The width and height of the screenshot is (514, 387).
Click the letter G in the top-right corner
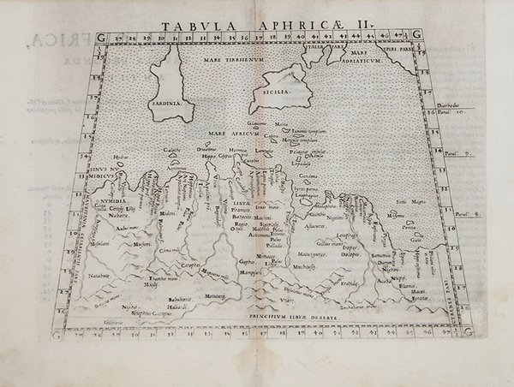click(415, 34)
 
